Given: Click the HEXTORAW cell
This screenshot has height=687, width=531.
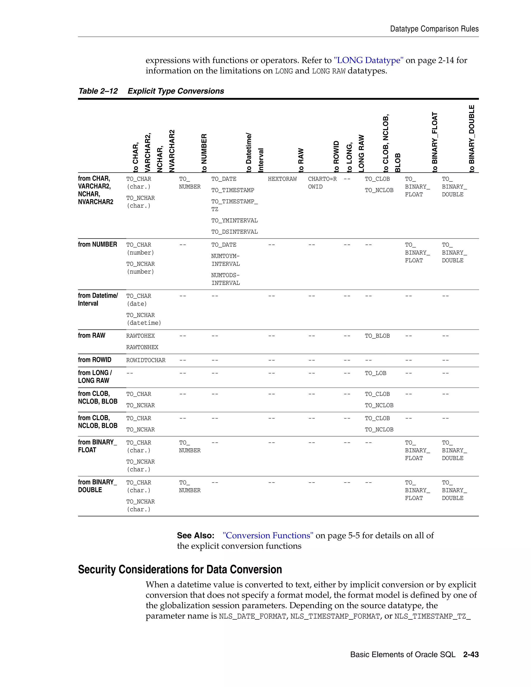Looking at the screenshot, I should pyautogui.click(x=282, y=179).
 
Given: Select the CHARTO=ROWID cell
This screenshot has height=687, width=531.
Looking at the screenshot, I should pyautogui.click(x=322, y=183).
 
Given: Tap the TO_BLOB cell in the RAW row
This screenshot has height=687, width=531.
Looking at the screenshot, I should pyautogui.click(x=377, y=336).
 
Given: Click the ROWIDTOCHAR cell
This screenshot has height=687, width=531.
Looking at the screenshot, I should pyautogui.click(x=146, y=360).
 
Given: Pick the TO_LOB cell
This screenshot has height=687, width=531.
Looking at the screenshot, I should pyautogui.click(x=375, y=373).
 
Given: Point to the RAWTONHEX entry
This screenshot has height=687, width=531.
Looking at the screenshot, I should pyautogui.click(x=142, y=347).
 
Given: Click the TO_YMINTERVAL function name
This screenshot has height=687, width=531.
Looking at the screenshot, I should pyautogui.click(x=234, y=221).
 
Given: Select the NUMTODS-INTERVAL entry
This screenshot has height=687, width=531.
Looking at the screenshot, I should pyautogui.click(x=225, y=279).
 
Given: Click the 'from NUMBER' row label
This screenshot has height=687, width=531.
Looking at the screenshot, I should pyautogui.click(x=97, y=244).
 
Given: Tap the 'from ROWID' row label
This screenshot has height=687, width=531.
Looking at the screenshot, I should pyautogui.click(x=95, y=360).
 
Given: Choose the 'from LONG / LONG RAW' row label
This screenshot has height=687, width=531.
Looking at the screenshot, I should pyautogui.click(x=95, y=376).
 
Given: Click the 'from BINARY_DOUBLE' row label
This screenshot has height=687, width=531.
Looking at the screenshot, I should pyautogui.click(x=97, y=486).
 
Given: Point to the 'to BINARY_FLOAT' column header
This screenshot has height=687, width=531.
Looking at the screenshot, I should pyautogui.click(x=435, y=142).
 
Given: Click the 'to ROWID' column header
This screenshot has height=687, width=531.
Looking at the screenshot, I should pyautogui.click(x=336, y=156).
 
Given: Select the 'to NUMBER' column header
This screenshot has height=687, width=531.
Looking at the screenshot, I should pyautogui.click(x=204, y=153).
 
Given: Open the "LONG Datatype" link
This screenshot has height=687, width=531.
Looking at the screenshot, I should pyautogui.click(x=368, y=60).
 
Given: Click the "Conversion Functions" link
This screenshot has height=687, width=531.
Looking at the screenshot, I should pyautogui.click(x=268, y=536).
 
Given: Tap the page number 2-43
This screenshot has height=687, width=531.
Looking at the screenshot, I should pyautogui.click(x=471, y=655).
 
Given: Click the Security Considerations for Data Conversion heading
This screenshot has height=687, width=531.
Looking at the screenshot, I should pyautogui.click(x=180, y=570).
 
